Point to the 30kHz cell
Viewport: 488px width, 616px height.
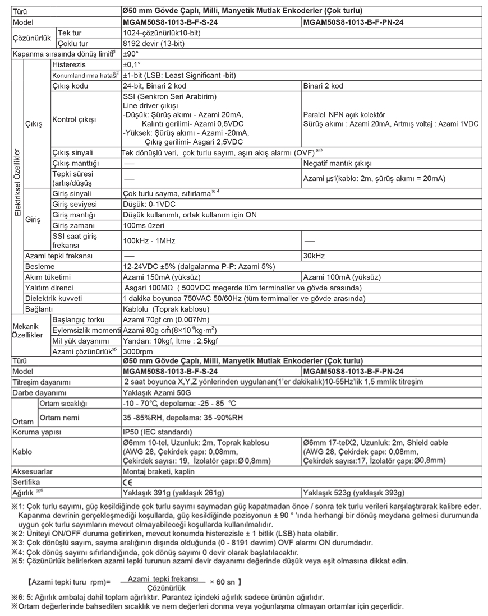point(314,256)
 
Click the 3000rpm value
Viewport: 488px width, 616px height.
point(138,351)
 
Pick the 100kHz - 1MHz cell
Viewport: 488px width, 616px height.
point(149,240)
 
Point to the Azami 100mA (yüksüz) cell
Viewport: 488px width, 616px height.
point(342,277)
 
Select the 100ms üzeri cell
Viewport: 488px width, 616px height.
point(143,225)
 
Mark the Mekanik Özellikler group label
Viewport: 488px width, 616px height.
point(27,330)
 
